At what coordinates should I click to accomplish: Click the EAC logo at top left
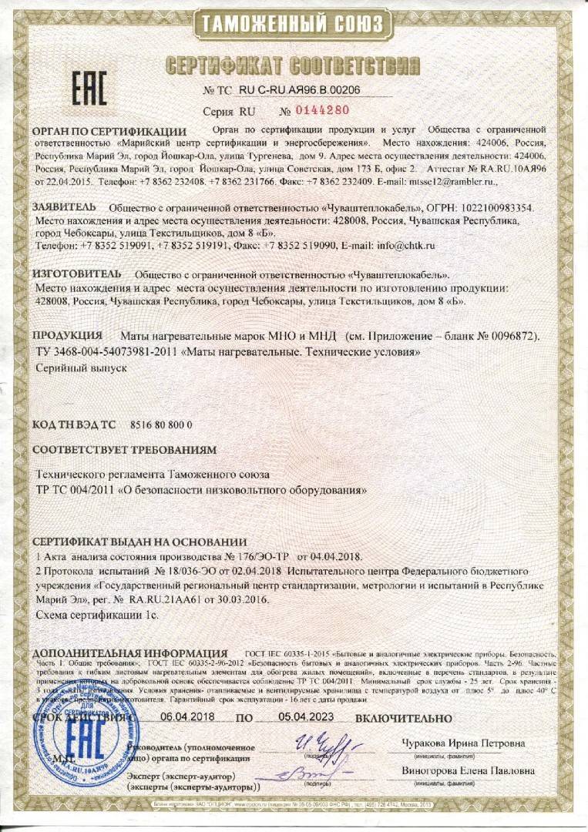[x=89, y=89]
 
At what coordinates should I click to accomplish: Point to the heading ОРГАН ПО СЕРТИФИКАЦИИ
[x=109, y=131]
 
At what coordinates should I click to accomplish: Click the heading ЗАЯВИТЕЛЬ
[x=64, y=207]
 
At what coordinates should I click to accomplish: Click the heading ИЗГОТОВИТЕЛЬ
[x=76, y=273]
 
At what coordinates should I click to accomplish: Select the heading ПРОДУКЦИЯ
[x=67, y=336]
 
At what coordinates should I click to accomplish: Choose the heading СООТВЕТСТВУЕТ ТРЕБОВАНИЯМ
[x=124, y=449]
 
